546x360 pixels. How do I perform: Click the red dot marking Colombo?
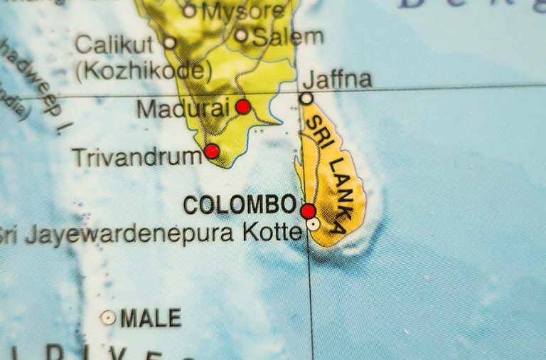308,211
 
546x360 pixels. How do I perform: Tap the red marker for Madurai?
243,107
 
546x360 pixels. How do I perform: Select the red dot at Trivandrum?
211,151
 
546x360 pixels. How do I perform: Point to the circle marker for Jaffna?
306,98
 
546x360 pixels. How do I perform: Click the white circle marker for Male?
108,317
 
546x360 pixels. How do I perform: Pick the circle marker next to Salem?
242,35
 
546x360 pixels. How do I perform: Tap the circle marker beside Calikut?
169,43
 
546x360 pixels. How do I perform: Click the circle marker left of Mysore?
188,10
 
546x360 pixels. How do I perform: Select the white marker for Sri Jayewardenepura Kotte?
313,223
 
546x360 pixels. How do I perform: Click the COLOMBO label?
240,205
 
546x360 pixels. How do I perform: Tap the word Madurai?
183,109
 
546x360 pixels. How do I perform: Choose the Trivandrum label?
136,157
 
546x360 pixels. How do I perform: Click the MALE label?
151,317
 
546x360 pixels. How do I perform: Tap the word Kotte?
272,233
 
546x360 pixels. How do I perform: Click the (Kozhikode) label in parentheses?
144,70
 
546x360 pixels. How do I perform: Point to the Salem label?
288,36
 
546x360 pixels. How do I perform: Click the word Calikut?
114,45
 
